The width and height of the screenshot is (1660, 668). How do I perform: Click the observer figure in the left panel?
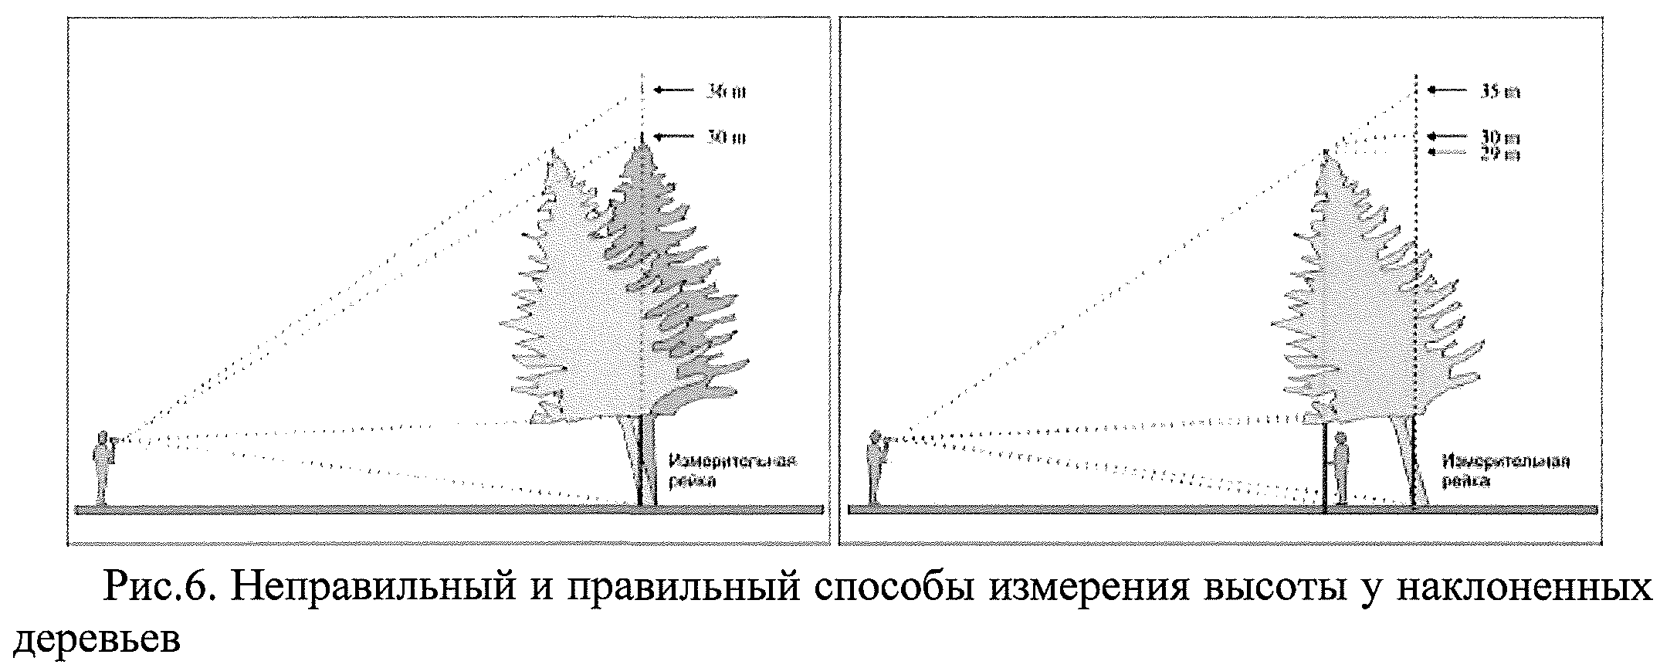click(102, 468)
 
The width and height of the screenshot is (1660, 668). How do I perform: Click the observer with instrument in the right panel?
click(876, 468)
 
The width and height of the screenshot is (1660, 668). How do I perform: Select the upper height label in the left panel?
click(727, 91)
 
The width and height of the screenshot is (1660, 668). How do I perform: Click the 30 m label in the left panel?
click(727, 138)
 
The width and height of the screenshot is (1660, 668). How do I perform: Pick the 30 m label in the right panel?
click(1501, 138)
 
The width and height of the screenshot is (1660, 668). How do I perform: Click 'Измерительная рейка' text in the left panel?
click(732, 471)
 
